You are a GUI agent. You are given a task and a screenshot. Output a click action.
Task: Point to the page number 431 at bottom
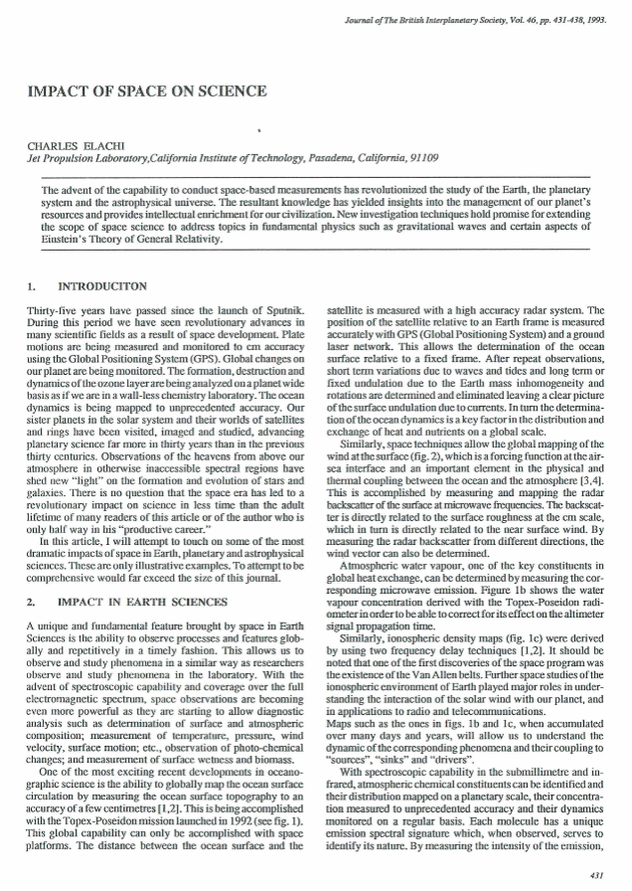tap(596, 875)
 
